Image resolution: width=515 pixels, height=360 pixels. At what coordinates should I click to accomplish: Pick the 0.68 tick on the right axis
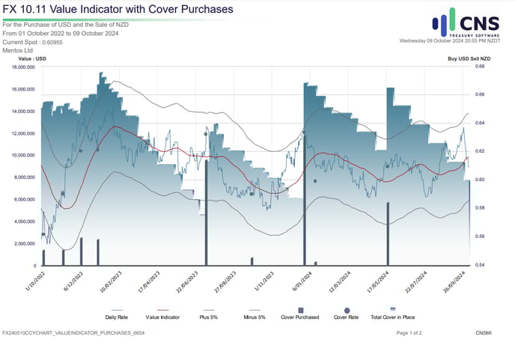click(x=479, y=67)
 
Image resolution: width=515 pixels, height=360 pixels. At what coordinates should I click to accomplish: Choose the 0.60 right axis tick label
click(x=479, y=180)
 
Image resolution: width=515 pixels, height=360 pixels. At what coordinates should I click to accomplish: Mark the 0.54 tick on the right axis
click(x=479, y=265)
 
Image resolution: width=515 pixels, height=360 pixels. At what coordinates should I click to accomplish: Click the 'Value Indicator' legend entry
click(x=163, y=317)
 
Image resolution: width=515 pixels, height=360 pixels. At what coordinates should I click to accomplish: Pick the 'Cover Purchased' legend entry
click(x=299, y=317)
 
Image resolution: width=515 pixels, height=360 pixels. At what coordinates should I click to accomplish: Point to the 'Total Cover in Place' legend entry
click(x=393, y=317)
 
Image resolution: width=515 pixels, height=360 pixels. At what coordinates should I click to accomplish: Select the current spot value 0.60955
click(x=50, y=42)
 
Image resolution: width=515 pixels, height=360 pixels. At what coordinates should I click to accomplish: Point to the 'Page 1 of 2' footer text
click(x=409, y=332)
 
